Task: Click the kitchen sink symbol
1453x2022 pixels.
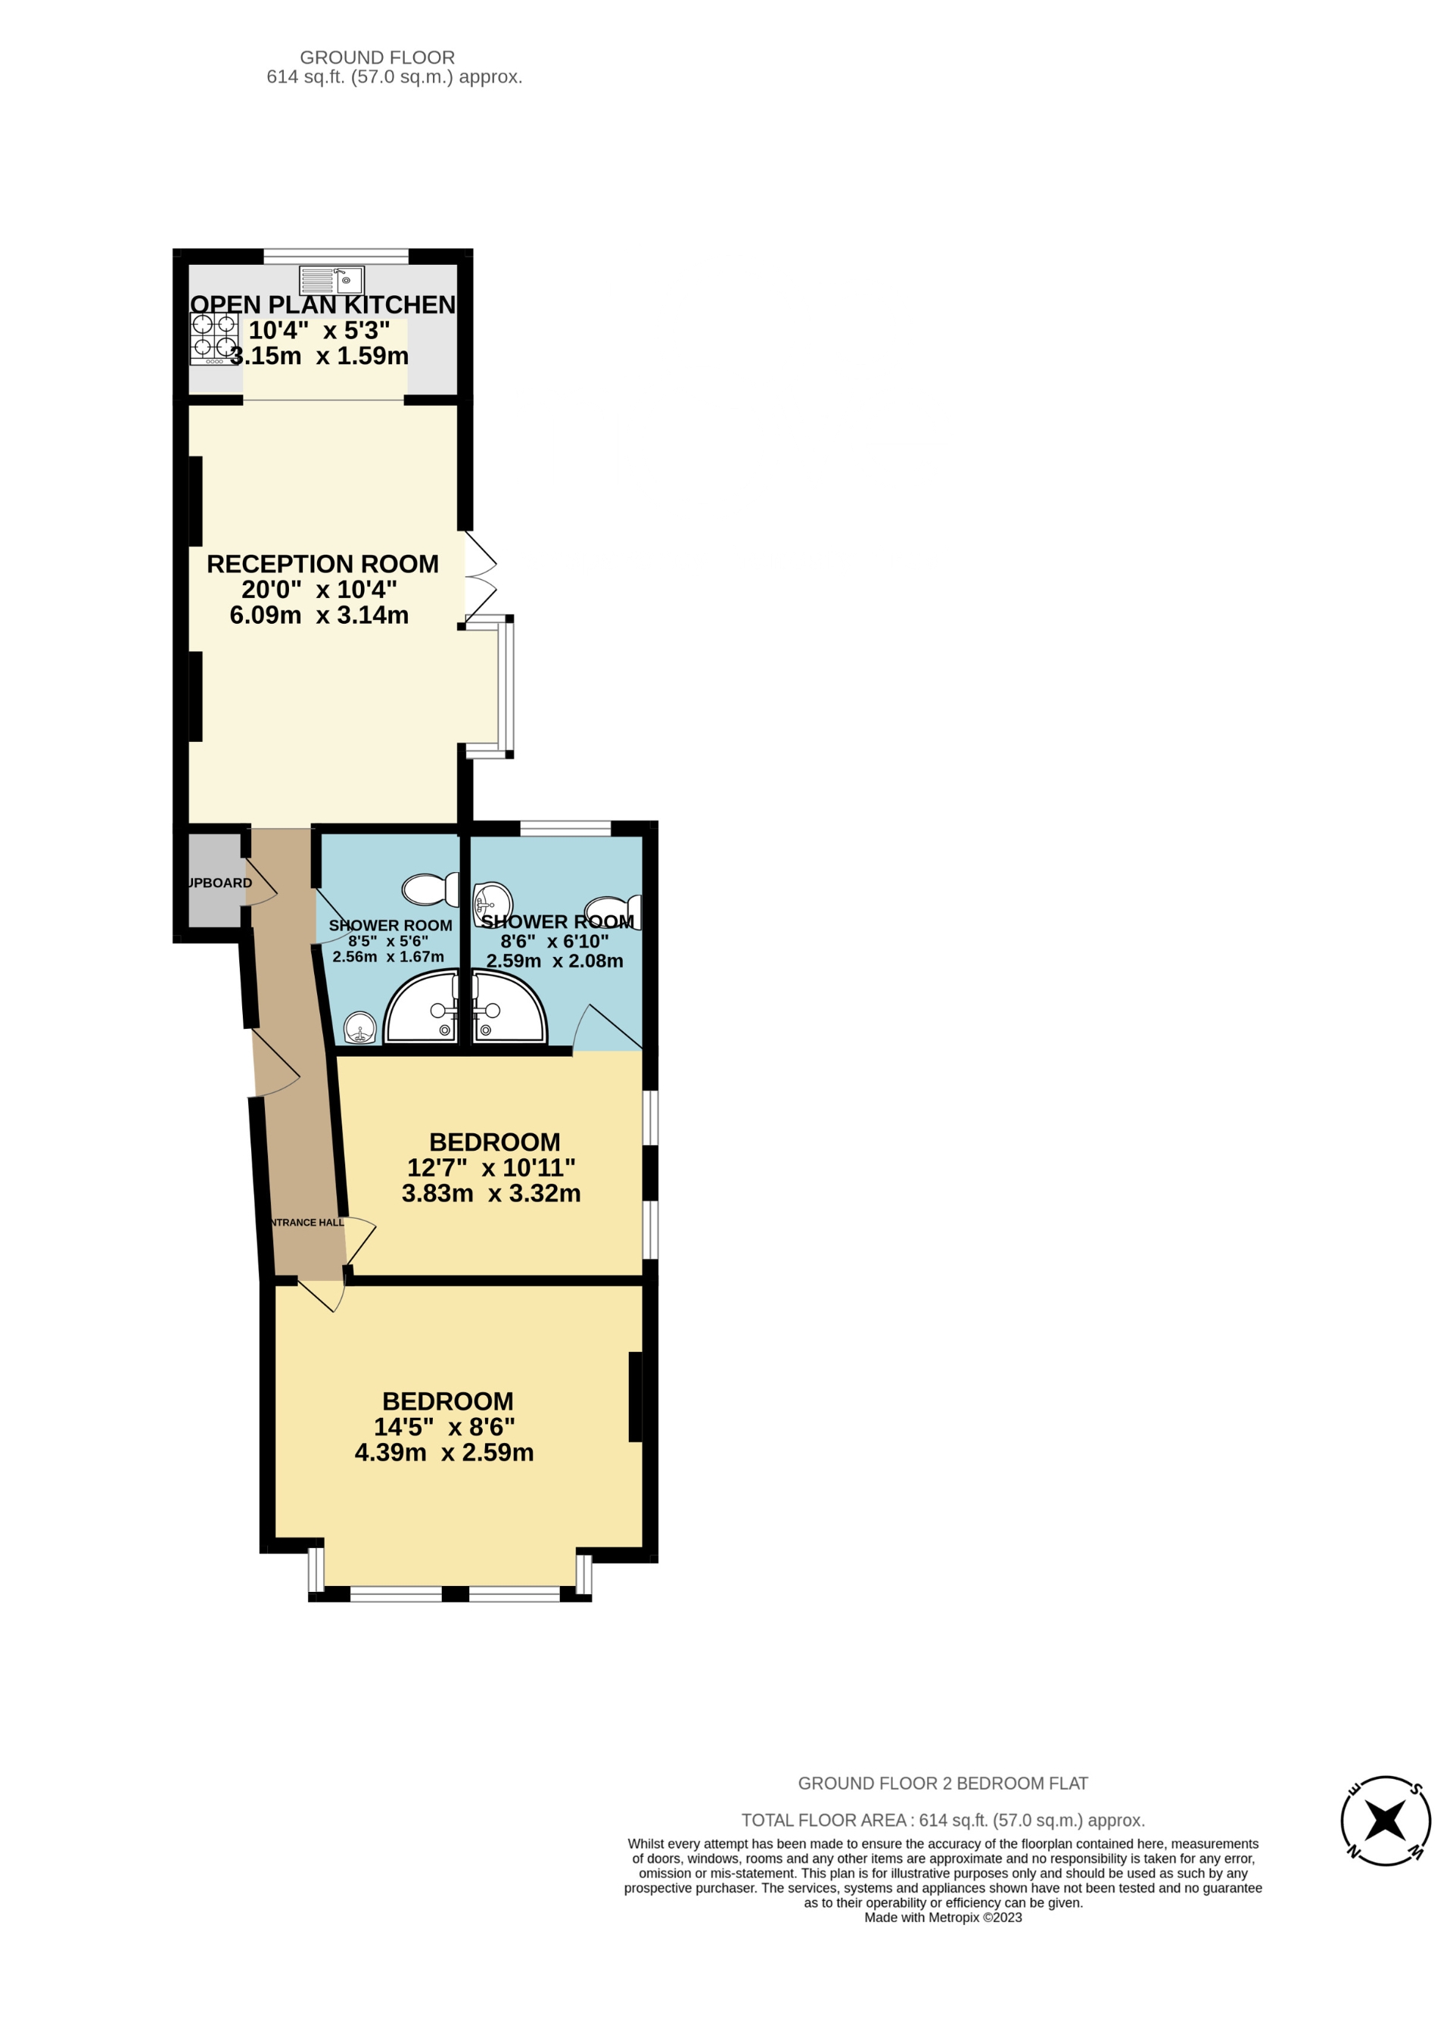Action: coord(331,280)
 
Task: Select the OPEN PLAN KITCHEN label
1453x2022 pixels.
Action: coord(322,305)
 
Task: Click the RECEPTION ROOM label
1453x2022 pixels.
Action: coord(322,564)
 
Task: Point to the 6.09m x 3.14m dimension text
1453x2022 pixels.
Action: coord(319,615)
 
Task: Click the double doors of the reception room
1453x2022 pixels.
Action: coord(480,577)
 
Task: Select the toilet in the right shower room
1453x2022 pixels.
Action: coord(613,911)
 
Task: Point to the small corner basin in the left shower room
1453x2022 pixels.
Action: coord(360,1027)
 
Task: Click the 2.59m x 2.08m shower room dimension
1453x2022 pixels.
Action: coord(555,961)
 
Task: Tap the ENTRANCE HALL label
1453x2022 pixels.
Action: coord(306,1223)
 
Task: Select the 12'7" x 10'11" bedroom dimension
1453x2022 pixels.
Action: coord(491,1168)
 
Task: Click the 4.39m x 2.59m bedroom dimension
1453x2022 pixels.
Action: coord(444,1452)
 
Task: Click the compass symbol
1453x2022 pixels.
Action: coord(1385,1821)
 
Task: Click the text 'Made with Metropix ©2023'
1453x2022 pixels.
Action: coord(942,1918)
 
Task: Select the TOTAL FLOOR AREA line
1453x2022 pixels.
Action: coord(942,1821)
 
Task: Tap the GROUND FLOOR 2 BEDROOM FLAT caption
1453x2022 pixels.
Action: coord(942,1783)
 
